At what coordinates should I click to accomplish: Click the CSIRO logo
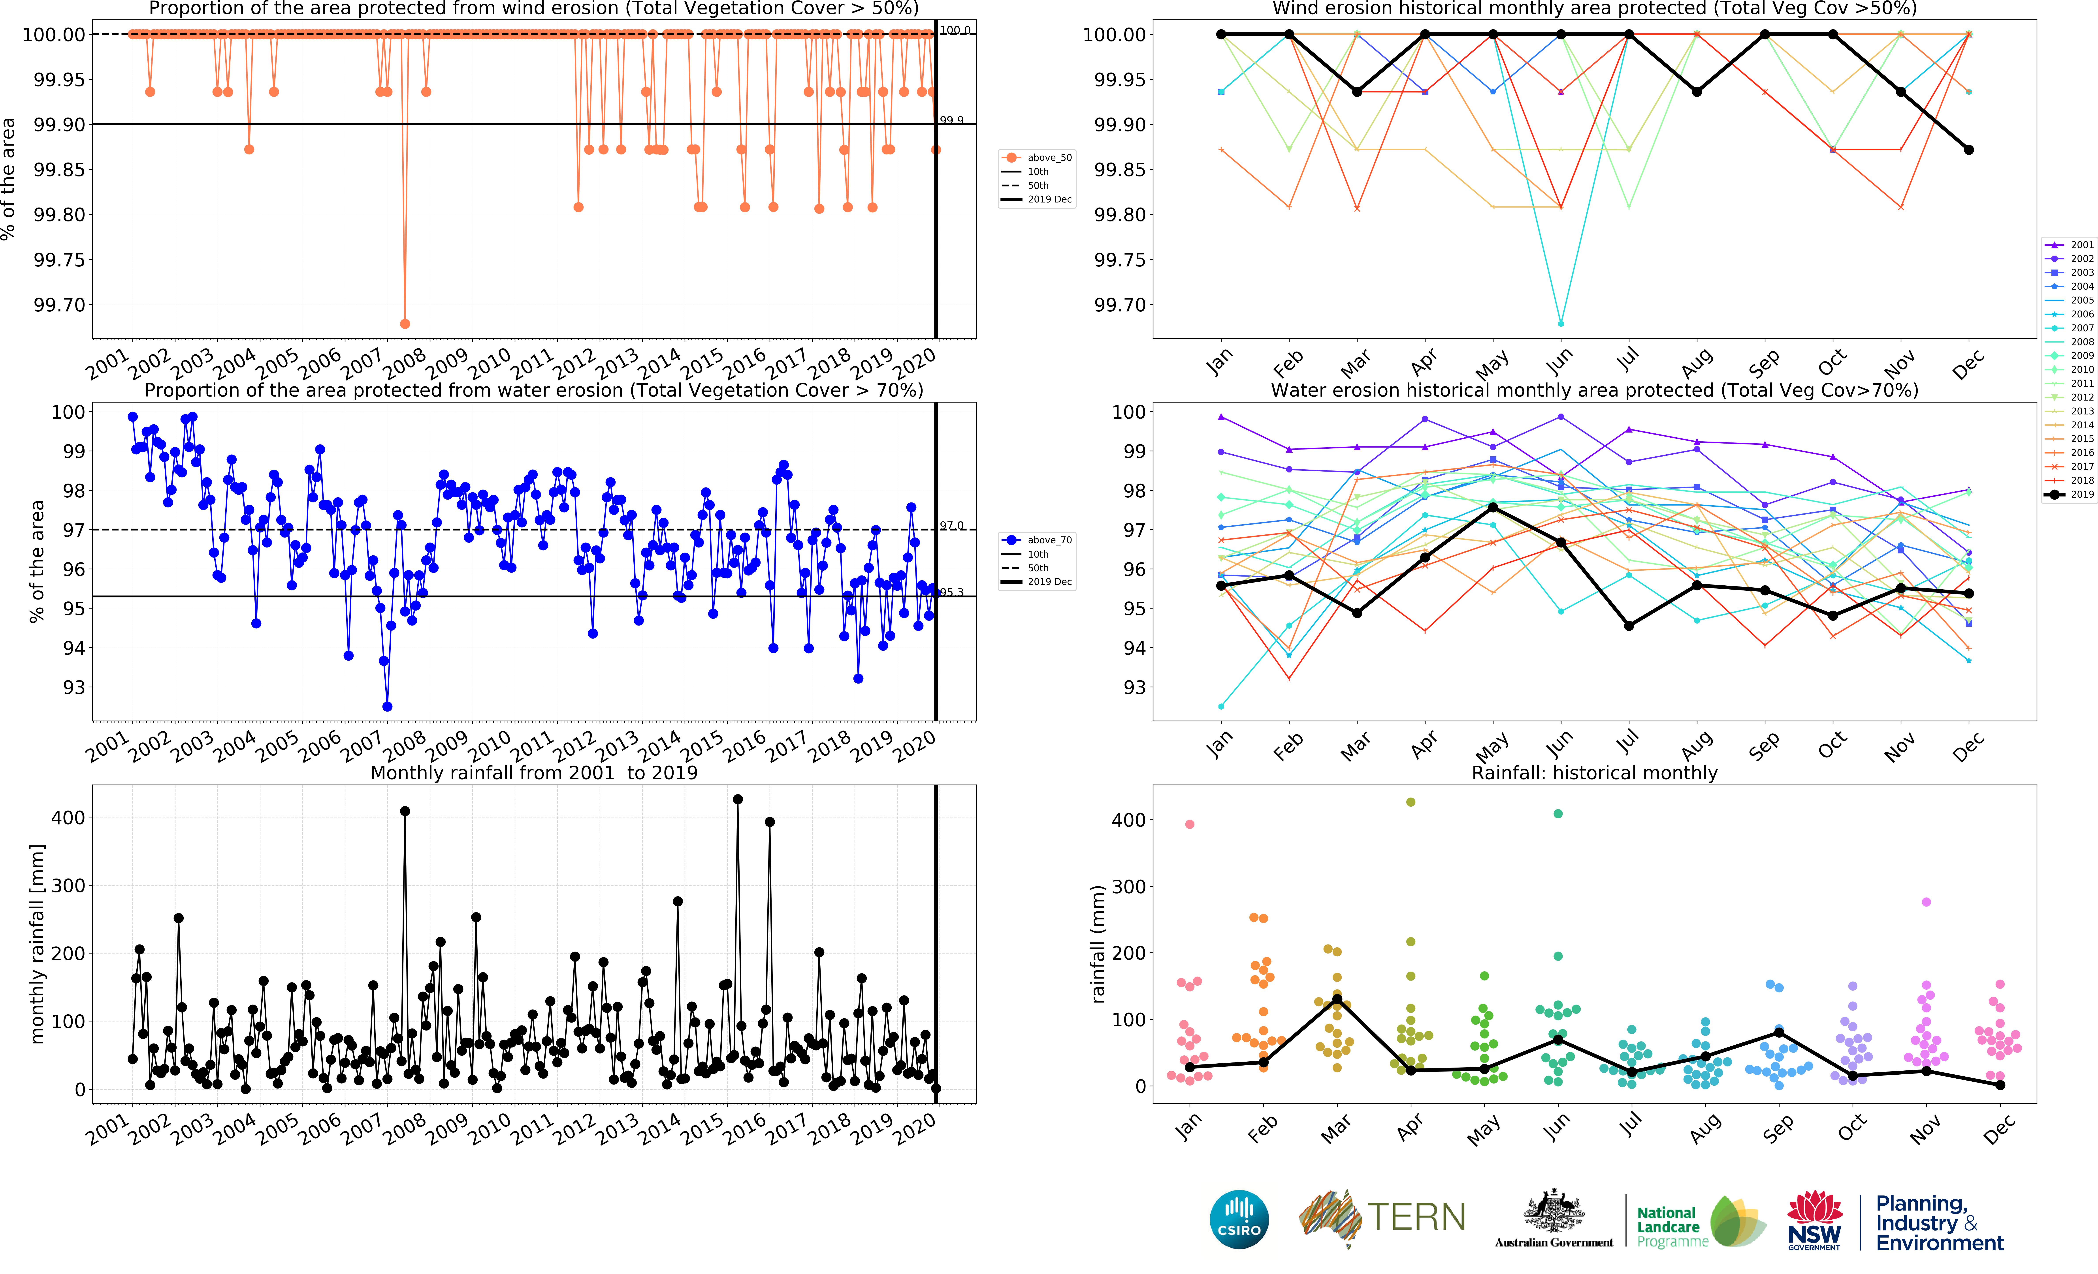tap(1239, 1220)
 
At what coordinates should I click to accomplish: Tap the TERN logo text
tap(1416, 1217)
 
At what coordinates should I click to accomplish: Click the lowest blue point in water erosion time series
tap(387, 706)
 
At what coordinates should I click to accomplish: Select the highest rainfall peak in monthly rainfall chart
tap(737, 799)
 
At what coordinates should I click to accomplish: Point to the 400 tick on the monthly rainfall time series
tap(68, 817)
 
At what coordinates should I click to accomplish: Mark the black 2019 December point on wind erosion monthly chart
tap(1969, 150)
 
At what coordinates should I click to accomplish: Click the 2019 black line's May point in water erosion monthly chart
tap(1493, 507)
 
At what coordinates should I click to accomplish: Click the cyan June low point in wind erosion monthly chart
tap(1561, 323)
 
